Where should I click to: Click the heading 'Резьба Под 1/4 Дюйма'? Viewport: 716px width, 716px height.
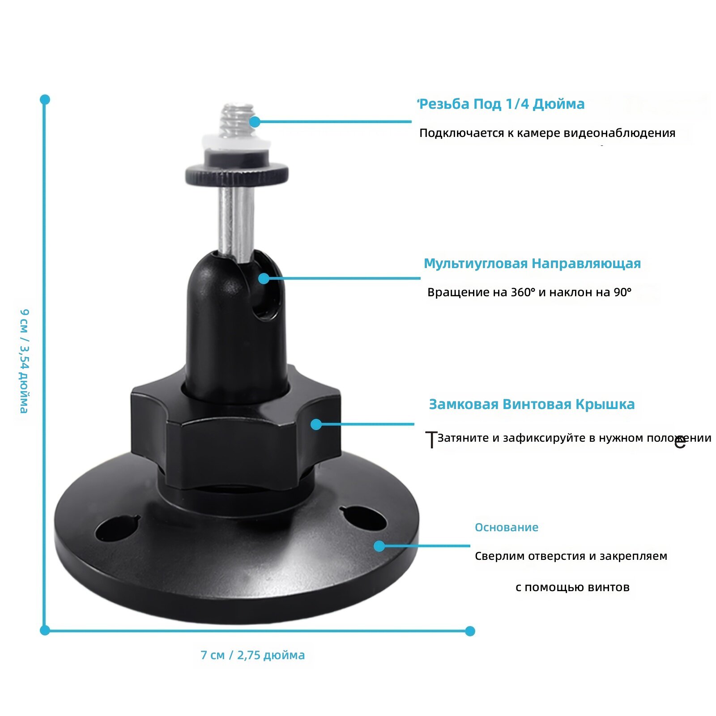pyautogui.click(x=502, y=104)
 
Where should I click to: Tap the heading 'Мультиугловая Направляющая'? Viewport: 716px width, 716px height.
pyautogui.click(x=532, y=263)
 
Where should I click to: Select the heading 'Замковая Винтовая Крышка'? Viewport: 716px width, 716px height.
pyautogui.click(x=532, y=404)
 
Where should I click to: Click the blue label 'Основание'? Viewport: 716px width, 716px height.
pyautogui.click(x=506, y=527)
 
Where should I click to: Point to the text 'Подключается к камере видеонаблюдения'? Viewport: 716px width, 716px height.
pyautogui.click(x=547, y=133)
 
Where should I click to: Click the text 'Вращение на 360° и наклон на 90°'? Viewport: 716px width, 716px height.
pyautogui.click(x=529, y=292)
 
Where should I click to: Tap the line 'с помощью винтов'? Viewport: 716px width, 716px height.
pyautogui.click(x=572, y=587)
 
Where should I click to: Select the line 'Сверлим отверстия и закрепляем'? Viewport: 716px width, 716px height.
pyautogui.click(x=571, y=556)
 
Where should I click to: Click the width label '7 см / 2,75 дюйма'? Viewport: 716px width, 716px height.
pyautogui.click(x=253, y=655)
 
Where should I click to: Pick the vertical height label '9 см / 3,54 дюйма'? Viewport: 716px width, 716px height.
pyautogui.click(x=24, y=361)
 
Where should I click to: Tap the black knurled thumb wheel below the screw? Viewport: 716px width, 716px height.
pyautogui.click(x=237, y=174)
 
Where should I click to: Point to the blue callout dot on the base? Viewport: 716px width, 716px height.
pyautogui.click(x=379, y=546)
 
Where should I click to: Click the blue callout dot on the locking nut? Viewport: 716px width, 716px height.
pyautogui.click(x=316, y=424)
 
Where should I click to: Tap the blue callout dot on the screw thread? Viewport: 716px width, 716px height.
pyautogui.click(x=255, y=122)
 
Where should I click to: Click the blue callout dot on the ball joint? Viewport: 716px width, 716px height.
pyautogui.click(x=264, y=278)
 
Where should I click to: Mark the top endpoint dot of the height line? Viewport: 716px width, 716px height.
pyautogui.click(x=45, y=99)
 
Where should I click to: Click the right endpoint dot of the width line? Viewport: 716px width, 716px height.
pyautogui.click(x=470, y=631)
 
